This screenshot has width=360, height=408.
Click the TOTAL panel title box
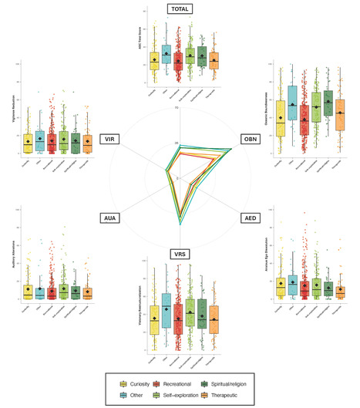180,9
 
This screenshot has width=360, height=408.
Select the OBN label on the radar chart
250,139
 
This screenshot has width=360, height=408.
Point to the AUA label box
109,218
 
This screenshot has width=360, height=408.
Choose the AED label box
251,218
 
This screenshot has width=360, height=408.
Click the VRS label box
180,254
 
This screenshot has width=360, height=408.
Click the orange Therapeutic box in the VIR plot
87,143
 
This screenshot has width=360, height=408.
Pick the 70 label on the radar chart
177,108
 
